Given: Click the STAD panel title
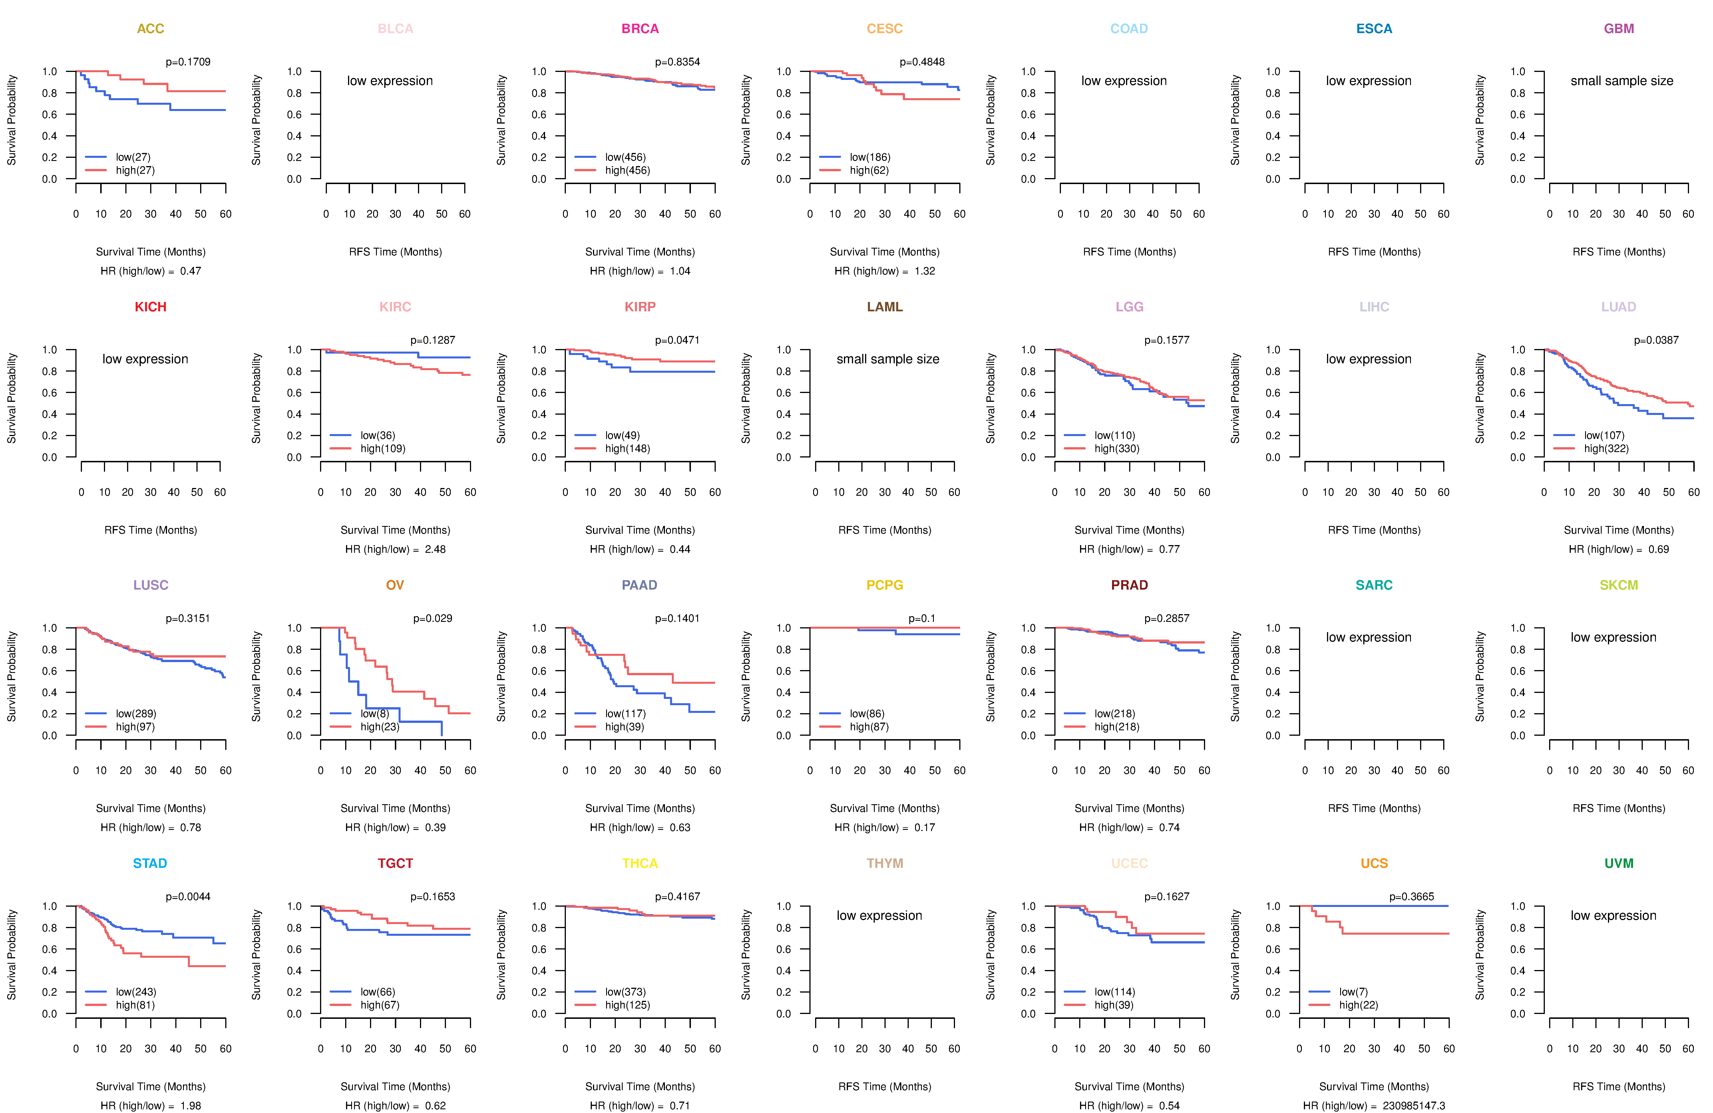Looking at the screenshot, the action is [150, 863].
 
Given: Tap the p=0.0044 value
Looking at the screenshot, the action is [188, 896].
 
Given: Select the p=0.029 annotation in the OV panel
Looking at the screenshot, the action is [433, 618].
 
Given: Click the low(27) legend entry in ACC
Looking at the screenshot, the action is [133, 157].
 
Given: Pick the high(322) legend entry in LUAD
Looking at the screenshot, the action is [1607, 448].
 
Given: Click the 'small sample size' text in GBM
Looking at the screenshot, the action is [1622, 80].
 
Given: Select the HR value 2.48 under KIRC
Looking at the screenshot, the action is [435, 549].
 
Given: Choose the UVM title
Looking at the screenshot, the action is [1619, 863].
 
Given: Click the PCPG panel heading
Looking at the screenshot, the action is [884, 585].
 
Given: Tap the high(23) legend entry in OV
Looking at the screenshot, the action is [380, 727].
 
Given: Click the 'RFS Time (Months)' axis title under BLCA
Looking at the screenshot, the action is [395, 252].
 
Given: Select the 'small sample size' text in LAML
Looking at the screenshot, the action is [887, 359].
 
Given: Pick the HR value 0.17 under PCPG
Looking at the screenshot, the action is [924, 827].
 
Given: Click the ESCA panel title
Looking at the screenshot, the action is [1374, 29].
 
